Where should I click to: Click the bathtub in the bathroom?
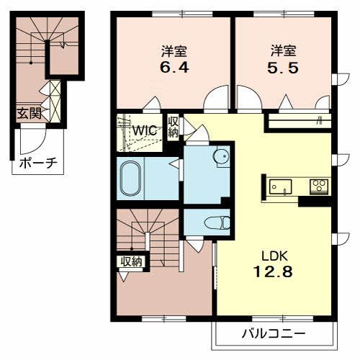click(x=130, y=178)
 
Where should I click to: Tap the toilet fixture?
click(x=217, y=222)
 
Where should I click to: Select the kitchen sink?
click(x=280, y=186)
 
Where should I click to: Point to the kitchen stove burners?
click(x=319, y=186)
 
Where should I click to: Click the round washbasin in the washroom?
click(x=220, y=156)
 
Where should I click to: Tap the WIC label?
click(x=145, y=131)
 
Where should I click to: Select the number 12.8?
click(x=273, y=272)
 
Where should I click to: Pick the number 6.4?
click(x=174, y=67)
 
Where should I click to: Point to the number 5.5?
click(x=283, y=68)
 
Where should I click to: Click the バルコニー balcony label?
click(x=274, y=333)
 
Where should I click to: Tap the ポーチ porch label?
click(x=38, y=163)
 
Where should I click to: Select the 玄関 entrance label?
click(x=29, y=113)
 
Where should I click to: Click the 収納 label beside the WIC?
click(x=174, y=127)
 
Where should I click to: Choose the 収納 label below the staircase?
click(x=132, y=261)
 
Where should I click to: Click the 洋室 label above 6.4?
click(x=174, y=51)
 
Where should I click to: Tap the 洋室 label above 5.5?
click(x=283, y=50)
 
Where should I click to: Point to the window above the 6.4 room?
click(x=183, y=14)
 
